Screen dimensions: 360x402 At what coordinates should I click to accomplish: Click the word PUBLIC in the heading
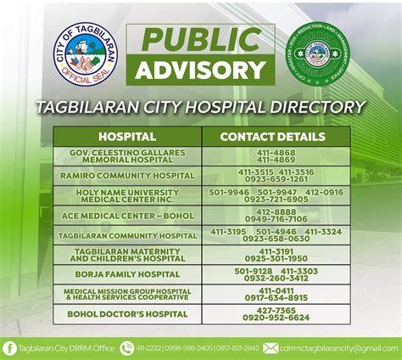click(200, 39)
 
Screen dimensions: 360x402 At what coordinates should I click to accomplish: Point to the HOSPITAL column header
click(127, 137)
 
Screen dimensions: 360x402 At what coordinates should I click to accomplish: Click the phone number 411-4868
click(276, 152)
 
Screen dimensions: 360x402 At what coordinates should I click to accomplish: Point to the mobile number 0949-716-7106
click(276, 220)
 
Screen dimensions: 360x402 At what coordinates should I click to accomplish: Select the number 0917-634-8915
click(276, 299)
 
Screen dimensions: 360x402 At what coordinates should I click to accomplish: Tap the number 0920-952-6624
click(276, 319)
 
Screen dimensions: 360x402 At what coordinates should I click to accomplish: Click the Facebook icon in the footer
click(9, 347)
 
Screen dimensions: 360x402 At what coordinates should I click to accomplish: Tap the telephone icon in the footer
click(128, 347)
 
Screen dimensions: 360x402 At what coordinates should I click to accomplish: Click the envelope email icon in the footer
click(271, 347)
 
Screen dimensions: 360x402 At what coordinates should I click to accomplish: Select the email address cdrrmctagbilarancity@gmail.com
click(338, 347)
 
